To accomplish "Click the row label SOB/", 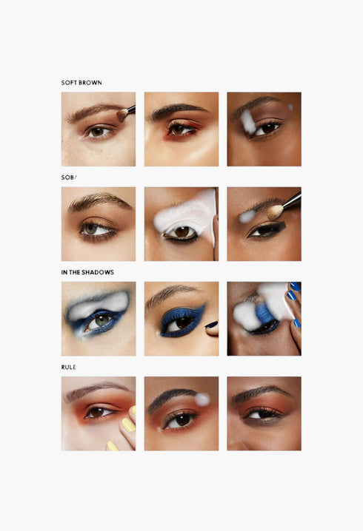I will (69, 177).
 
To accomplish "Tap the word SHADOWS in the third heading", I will (99, 272).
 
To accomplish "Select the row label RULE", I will (69, 367).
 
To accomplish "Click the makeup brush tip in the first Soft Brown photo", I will (121, 115).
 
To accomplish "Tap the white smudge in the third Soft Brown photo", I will (247, 122).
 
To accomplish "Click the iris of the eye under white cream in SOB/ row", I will (181, 232).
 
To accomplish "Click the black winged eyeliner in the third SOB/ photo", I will (268, 230).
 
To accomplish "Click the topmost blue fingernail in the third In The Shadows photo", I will (294, 286).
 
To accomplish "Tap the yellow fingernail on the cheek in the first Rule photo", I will (127, 425).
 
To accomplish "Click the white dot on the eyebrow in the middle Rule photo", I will (202, 399).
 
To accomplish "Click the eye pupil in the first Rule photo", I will (97, 412).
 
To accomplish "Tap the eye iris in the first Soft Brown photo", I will (97, 132).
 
